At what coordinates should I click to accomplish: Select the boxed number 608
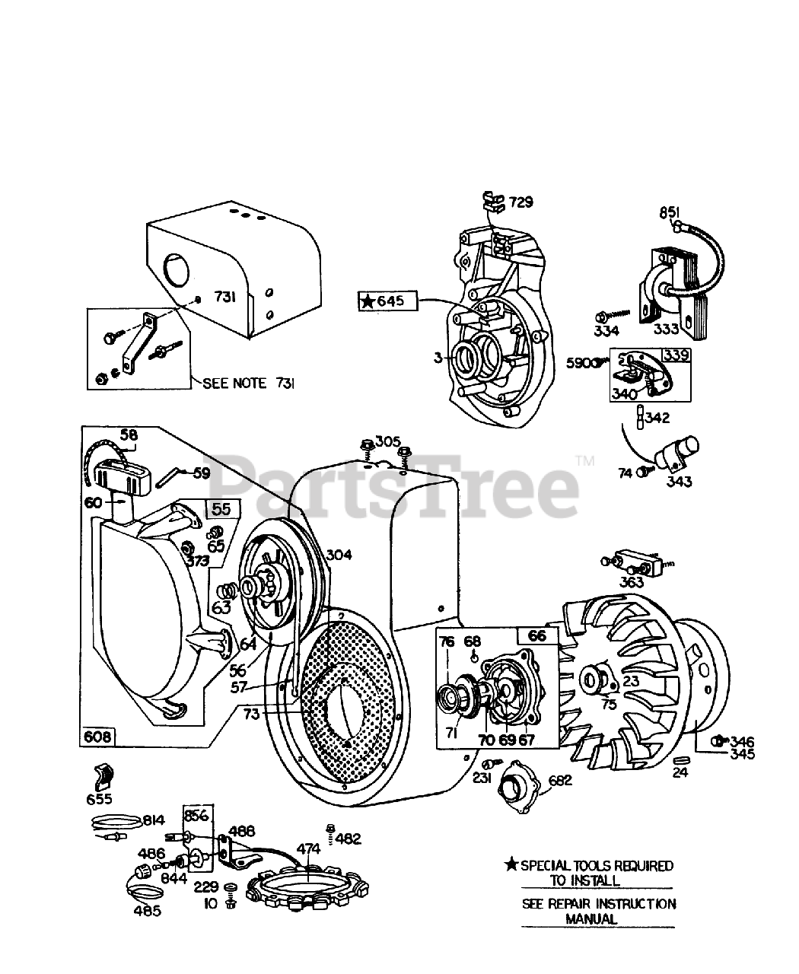97,736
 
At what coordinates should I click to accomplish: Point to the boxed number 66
537,635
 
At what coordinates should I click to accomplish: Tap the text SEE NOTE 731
249,384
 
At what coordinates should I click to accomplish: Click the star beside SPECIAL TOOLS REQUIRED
512,865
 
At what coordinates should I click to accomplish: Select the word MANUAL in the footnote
590,918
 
